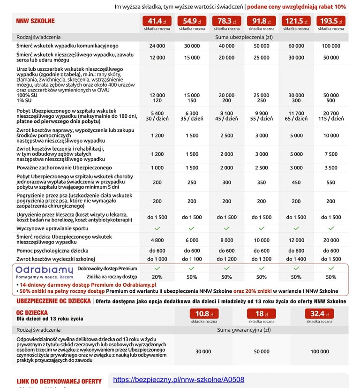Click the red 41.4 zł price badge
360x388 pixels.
[x=157, y=21]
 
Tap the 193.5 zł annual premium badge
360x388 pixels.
[x=331, y=21]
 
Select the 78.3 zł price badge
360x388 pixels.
[x=226, y=21]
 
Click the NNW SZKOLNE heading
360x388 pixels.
[x=35, y=21]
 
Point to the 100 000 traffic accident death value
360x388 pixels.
[x=331, y=46]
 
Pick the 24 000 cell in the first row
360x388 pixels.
[x=157, y=46]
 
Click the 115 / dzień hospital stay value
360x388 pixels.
[x=331, y=119]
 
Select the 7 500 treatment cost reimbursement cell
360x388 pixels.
[x=331, y=154]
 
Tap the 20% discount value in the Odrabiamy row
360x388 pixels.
[x=157, y=277]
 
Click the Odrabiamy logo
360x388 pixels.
[x=44, y=270]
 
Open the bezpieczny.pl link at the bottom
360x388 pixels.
[x=179, y=380]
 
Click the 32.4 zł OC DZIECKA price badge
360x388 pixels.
[x=319, y=314]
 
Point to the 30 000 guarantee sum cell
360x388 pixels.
[x=203, y=351]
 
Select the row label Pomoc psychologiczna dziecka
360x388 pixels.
[x=53, y=251]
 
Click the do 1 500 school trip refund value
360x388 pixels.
[x=331, y=259]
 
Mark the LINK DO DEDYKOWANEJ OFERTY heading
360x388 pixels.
[x=59, y=381]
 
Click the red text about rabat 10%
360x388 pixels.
[x=296, y=7]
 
